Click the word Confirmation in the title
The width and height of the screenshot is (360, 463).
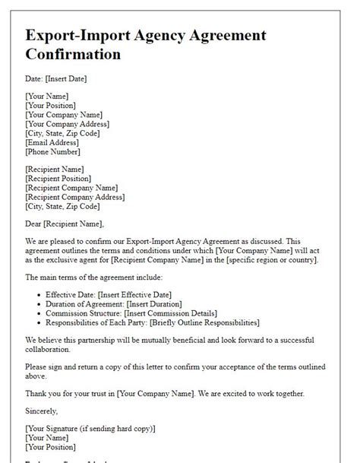pyautogui.click(x=73, y=54)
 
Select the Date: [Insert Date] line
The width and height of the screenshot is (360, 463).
pyautogui.click(x=56, y=78)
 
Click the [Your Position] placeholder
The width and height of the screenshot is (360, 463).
pyautogui.click(x=51, y=105)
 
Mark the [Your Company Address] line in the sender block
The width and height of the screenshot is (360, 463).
pyautogui.click(x=67, y=123)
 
